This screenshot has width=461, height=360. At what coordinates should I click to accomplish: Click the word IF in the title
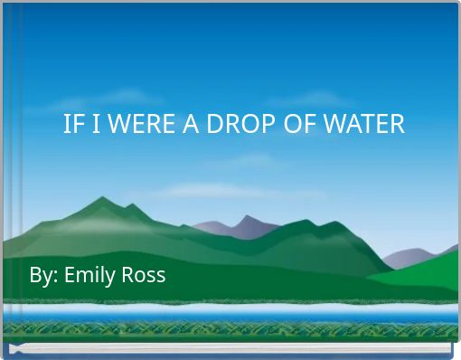(71, 125)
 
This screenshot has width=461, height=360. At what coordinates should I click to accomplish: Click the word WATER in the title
(361, 125)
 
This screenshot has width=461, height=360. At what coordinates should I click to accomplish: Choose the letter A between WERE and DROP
(191, 125)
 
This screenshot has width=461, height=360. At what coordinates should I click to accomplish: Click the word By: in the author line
(43, 274)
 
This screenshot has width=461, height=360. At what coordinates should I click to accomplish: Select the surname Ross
(144, 274)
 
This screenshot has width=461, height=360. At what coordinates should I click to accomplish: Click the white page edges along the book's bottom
(226, 348)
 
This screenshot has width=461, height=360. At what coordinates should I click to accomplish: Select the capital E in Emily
(70, 274)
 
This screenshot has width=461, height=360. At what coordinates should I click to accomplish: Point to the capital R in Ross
(128, 274)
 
